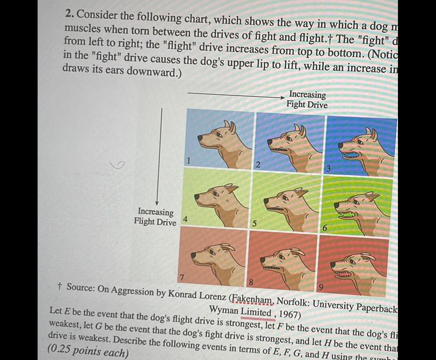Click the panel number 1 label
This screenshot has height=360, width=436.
point(189,160)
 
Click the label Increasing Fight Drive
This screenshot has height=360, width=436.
point(307,100)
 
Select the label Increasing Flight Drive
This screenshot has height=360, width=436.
point(156,217)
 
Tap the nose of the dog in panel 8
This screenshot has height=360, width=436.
point(262,260)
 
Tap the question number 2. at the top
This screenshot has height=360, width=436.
point(69,14)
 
